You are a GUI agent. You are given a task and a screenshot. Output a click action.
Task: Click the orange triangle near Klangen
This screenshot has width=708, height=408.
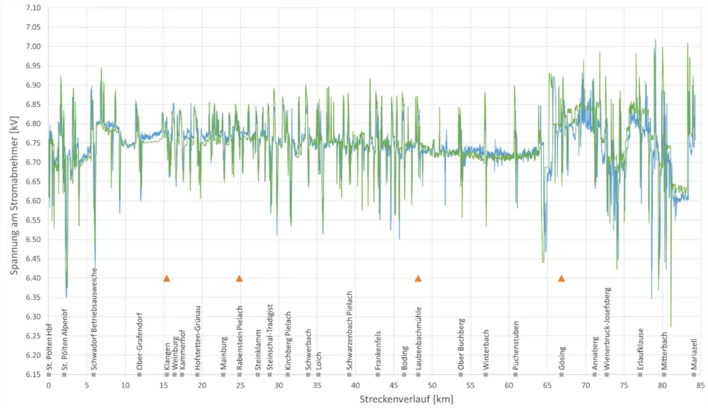pyautogui.click(x=167, y=278)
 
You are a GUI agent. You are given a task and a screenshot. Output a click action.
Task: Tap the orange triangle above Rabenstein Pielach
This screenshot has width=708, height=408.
pyautogui.click(x=239, y=278)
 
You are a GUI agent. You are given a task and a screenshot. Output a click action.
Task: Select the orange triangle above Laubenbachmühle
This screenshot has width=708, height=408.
pyautogui.click(x=418, y=278)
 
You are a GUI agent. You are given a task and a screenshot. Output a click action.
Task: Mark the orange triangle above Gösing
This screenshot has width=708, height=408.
pyautogui.click(x=562, y=278)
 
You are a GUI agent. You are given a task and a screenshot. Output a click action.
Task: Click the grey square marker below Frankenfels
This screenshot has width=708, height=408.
pyautogui.click(x=378, y=375)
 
